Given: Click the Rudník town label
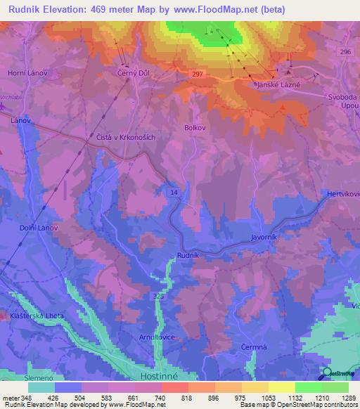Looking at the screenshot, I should (189, 255).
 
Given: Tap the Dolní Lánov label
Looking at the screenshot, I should (38, 228).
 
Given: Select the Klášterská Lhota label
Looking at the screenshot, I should (37, 316).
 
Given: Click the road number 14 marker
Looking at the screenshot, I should (173, 191).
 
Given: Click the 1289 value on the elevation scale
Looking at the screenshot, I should (339, 398).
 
